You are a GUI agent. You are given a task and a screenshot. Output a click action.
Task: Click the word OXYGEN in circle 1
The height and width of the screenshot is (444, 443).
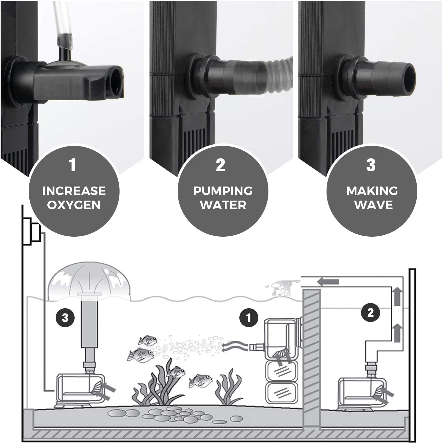(74, 205)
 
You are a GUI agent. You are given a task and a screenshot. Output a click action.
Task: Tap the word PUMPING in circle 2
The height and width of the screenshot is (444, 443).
(223, 191)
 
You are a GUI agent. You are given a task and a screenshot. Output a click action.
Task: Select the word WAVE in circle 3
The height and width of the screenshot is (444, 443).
(373, 205)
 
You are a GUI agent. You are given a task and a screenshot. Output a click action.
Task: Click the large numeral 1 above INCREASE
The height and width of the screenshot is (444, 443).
(72, 165)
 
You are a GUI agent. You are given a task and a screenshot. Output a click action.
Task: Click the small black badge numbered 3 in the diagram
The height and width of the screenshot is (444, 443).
(65, 318)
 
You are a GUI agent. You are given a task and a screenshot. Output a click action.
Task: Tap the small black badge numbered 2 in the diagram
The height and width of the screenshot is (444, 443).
(370, 313)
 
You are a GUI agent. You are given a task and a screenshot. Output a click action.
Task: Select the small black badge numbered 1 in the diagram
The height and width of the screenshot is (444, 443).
(249, 318)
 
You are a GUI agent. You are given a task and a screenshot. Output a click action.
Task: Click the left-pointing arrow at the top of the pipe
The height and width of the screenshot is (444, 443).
(328, 282)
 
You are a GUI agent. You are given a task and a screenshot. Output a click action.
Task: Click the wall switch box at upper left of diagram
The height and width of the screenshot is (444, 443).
(31, 231)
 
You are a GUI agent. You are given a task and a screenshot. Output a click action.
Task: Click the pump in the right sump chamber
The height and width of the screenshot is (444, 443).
(362, 393)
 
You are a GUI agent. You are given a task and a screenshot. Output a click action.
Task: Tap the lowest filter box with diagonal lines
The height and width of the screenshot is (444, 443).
(282, 393)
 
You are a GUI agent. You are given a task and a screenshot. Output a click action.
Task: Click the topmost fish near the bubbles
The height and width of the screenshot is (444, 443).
(148, 340)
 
